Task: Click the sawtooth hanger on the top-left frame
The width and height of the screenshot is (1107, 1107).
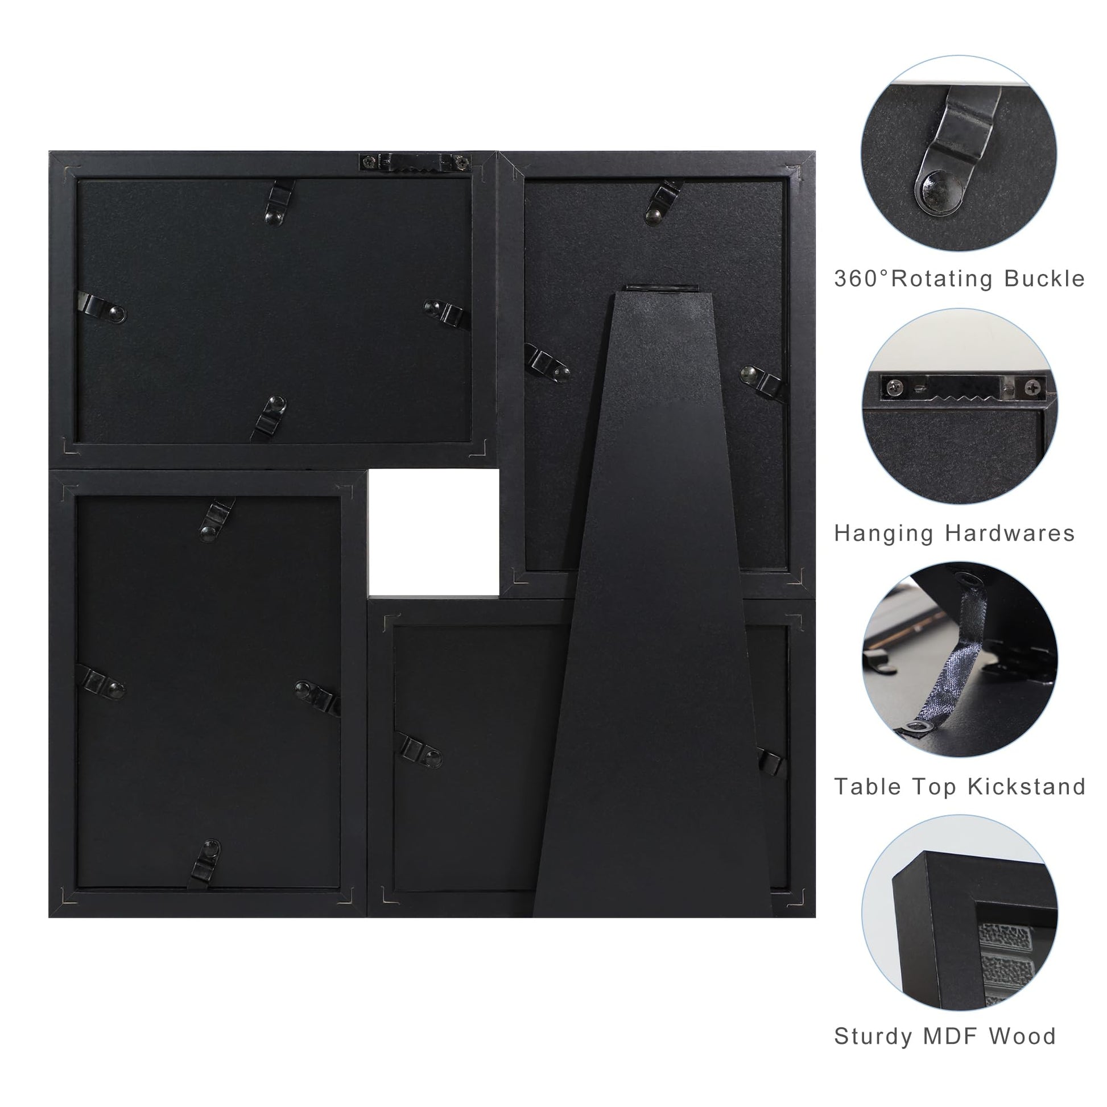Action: pos(415,162)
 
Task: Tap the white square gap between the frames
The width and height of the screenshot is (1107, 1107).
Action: pos(433,532)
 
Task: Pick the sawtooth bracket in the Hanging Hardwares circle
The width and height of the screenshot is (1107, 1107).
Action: pos(962,386)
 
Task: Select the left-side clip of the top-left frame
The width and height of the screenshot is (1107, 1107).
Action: pos(101,309)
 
